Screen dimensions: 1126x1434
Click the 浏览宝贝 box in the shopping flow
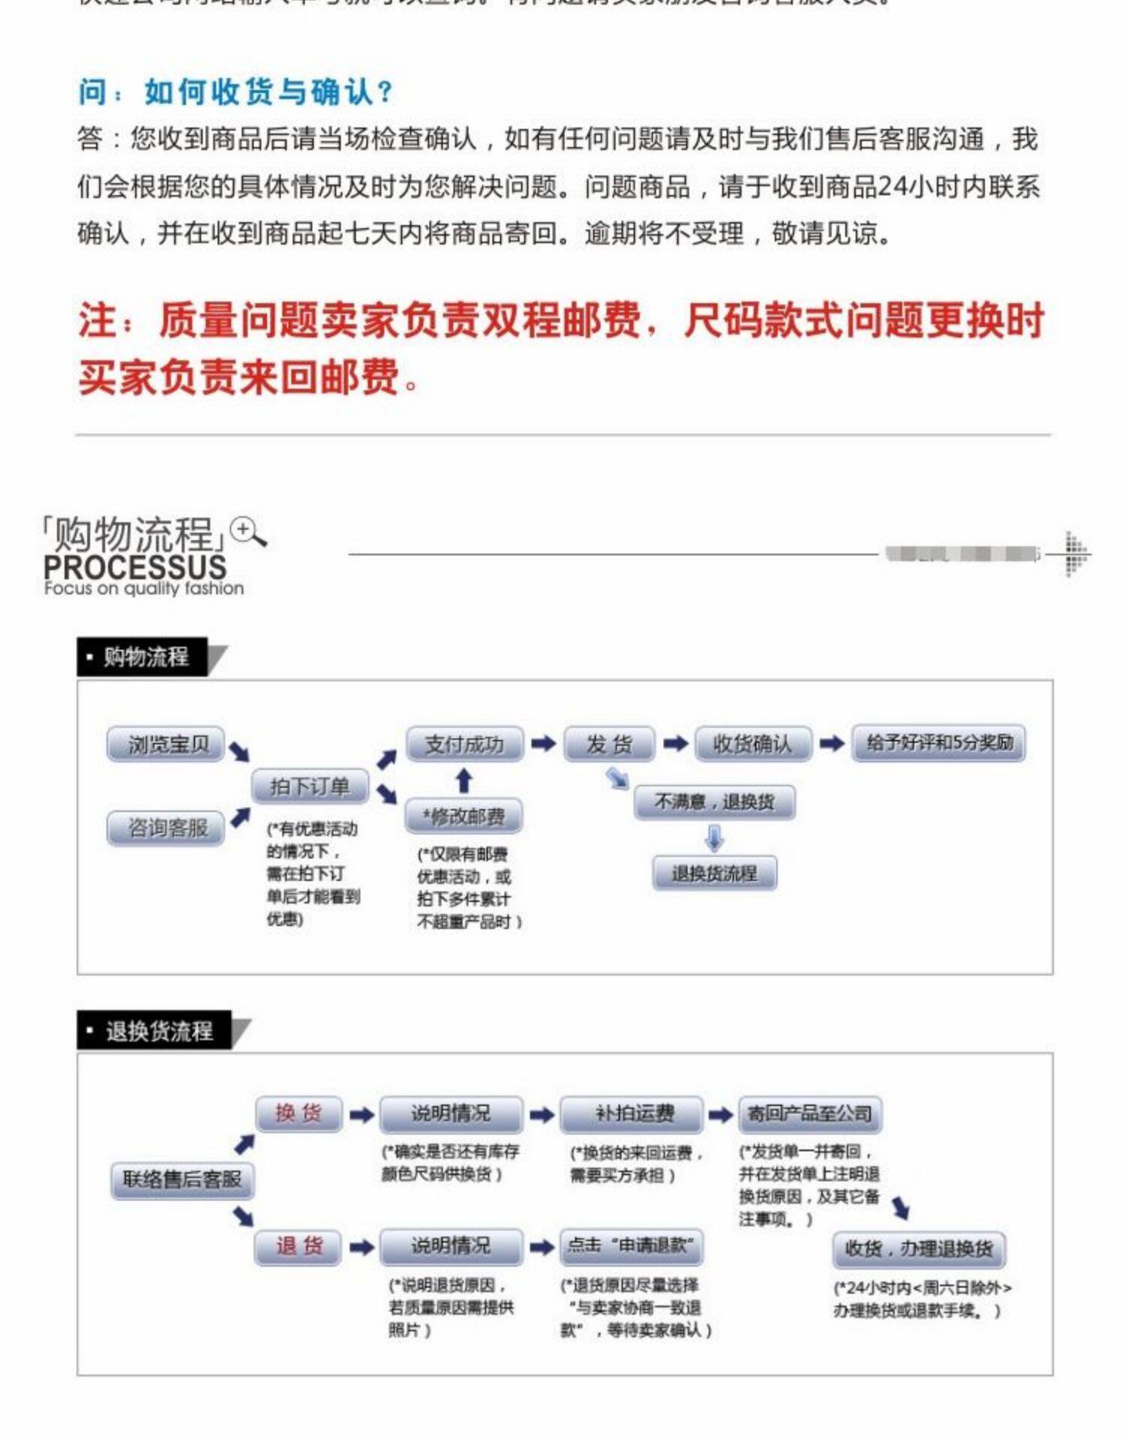(166, 744)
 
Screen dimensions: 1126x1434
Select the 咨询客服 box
(166, 828)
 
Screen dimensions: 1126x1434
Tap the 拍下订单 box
(309, 786)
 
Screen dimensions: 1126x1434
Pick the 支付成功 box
(464, 744)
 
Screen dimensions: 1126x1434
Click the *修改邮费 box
(463, 816)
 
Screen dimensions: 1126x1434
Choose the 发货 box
(609, 744)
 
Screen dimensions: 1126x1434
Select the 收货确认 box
(752, 744)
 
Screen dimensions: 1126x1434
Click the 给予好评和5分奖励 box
(938, 743)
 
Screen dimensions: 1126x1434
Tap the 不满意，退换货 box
(714, 802)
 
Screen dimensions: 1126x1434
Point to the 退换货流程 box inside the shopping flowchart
(714, 873)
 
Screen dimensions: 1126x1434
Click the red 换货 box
(298, 1113)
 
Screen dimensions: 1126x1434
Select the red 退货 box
(298, 1246)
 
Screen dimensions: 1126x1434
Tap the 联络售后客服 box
(182, 1180)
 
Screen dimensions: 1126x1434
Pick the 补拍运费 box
(633, 1114)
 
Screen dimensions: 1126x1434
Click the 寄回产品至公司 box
(809, 1114)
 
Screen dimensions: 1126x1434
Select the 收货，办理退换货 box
(919, 1249)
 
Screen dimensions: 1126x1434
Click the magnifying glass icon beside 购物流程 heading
(248, 531)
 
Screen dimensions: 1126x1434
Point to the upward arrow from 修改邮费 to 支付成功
(464, 780)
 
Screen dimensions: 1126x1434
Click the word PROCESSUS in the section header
(135, 567)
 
